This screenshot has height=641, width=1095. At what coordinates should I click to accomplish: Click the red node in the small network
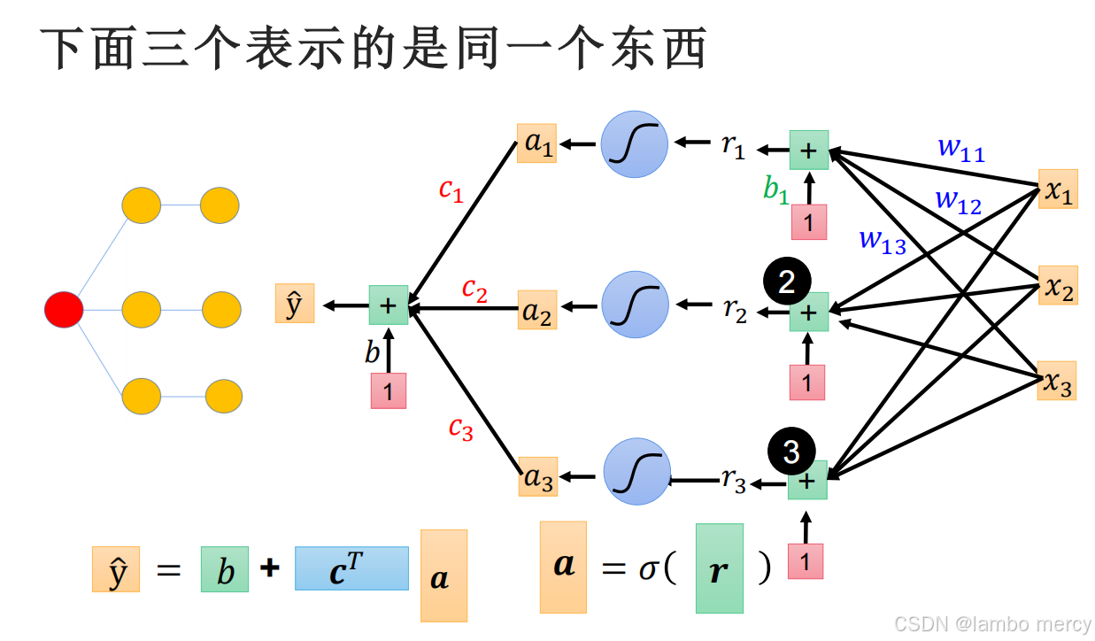pos(64,310)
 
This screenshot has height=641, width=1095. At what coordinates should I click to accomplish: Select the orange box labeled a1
pos(536,143)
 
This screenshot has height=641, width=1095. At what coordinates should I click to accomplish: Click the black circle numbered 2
pos(786,282)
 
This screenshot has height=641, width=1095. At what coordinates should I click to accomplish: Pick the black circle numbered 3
pos(791,452)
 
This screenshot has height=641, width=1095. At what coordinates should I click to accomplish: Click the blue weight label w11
pos(961,150)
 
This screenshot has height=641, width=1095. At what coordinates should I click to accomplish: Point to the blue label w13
pos(883,241)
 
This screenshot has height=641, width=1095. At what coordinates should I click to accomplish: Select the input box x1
pos(1058,189)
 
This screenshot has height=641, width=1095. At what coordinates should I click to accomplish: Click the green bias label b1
pos(775,190)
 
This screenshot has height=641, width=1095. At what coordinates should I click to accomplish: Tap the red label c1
pos(451,189)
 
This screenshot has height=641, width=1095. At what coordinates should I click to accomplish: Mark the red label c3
pos(460,429)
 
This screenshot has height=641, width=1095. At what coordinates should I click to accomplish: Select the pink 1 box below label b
pos(389,390)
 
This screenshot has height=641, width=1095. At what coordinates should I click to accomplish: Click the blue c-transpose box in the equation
pos(351,568)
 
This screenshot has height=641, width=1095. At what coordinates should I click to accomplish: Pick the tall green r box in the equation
pos(719,568)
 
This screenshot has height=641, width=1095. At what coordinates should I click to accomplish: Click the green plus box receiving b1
pos(808,150)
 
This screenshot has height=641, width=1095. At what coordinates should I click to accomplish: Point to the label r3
pos(734,480)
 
